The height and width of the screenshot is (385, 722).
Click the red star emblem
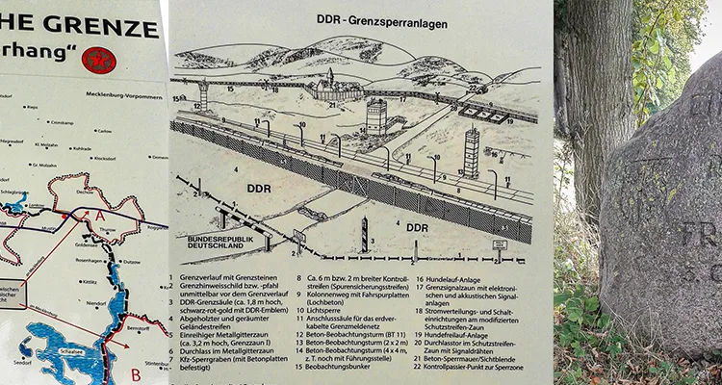[x=98, y=60]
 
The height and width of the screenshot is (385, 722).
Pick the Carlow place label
[x=104, y=130]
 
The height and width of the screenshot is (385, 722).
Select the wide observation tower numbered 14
[x=375, y=115]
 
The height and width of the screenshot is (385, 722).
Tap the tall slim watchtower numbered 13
[x=472, y=151]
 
